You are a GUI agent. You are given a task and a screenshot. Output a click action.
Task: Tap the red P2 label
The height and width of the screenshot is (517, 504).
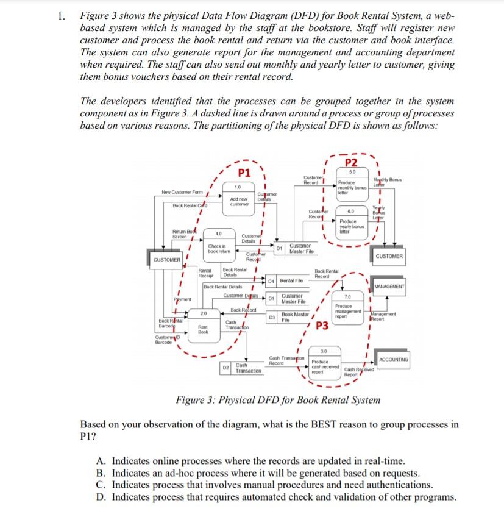(x=351, y=162)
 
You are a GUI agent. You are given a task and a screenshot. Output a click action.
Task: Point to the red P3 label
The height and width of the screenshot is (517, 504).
(x=322, y=326)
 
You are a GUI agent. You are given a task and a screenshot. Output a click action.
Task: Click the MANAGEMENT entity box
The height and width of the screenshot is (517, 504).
(x=389, y=287)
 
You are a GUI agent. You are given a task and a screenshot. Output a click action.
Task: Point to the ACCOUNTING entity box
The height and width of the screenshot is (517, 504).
(x=394, y=360)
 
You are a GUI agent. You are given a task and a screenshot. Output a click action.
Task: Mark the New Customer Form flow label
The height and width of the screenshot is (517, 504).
(x=182, y=193)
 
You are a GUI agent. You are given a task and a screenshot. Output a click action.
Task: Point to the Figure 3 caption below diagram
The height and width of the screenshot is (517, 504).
(x=278, y=401)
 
